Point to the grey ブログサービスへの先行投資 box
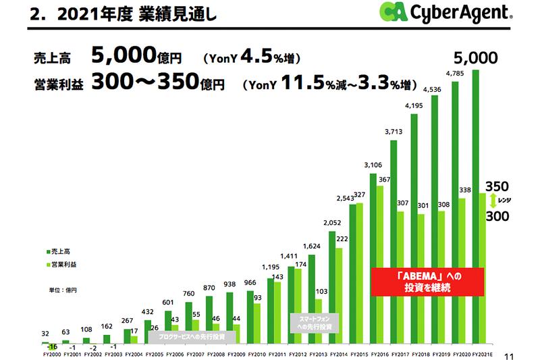point(186,336)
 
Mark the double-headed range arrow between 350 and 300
point(493,201)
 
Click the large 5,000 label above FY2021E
point(476,57)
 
